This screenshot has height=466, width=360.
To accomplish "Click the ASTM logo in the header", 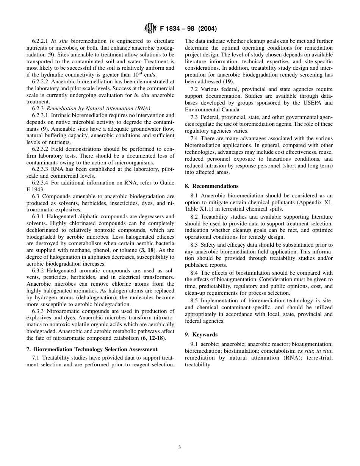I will (x=150, y=29).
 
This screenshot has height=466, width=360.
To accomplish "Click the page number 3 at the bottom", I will (x=180, y=447).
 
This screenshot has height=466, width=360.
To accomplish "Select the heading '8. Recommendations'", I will (x=211, y=186).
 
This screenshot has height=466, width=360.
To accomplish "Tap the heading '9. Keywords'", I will (x=201, y=335).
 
